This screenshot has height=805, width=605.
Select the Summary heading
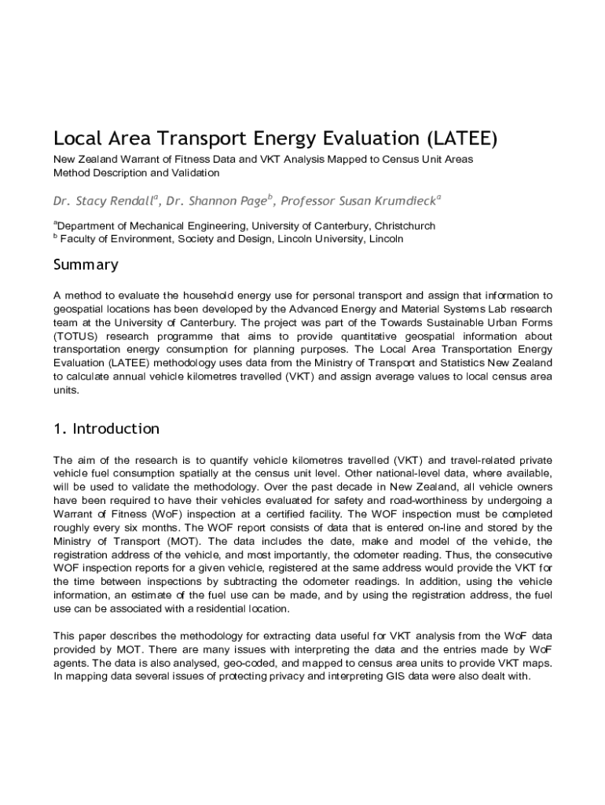tap(86, 264)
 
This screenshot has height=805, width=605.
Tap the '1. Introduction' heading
tap(106, 428)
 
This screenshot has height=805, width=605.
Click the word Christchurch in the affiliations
tap(405, 226)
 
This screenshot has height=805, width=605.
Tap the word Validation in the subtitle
tap(195, 172)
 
